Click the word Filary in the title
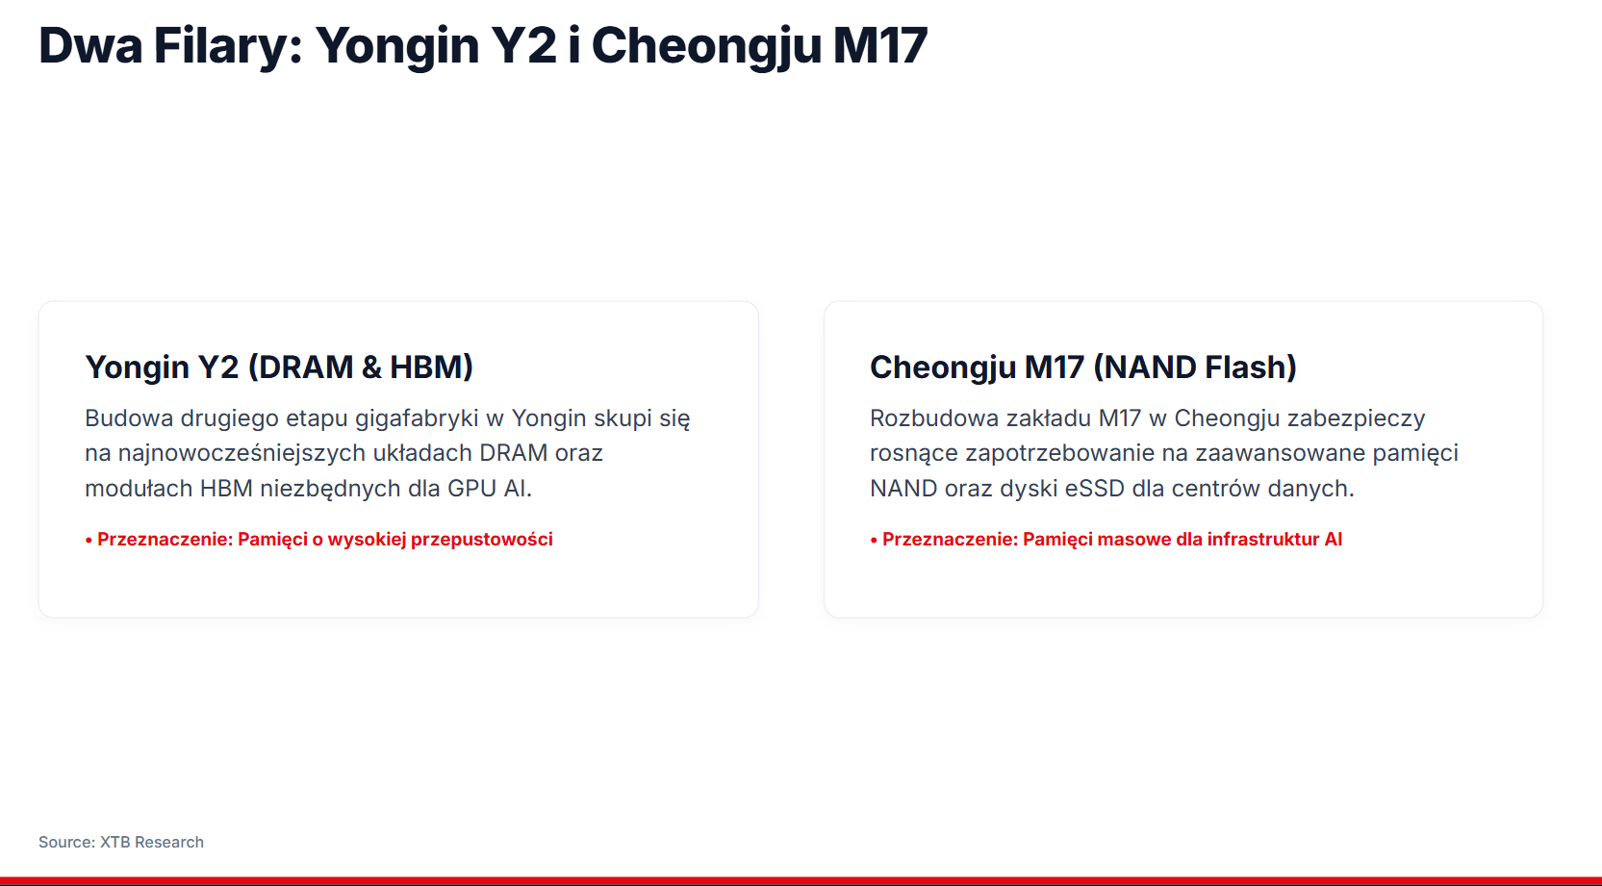pyautogui.click(x=228, y=46)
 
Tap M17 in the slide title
pyautogui.click(x=880, y=46)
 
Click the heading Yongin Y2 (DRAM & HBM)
pyautogui.click(x=279, y=367)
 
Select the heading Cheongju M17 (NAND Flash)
pyautogui.click(x=1082, y=367)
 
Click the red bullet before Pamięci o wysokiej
pyautogui.click(x=89, y=541)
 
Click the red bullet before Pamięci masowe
pyautogui.click(x=874, y=541)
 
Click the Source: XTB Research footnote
pyautogui.click(x=121, y=843)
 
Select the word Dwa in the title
pyautogui.click(x=90, y=46)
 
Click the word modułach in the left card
pyautogui.click(x=138, y=489)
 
